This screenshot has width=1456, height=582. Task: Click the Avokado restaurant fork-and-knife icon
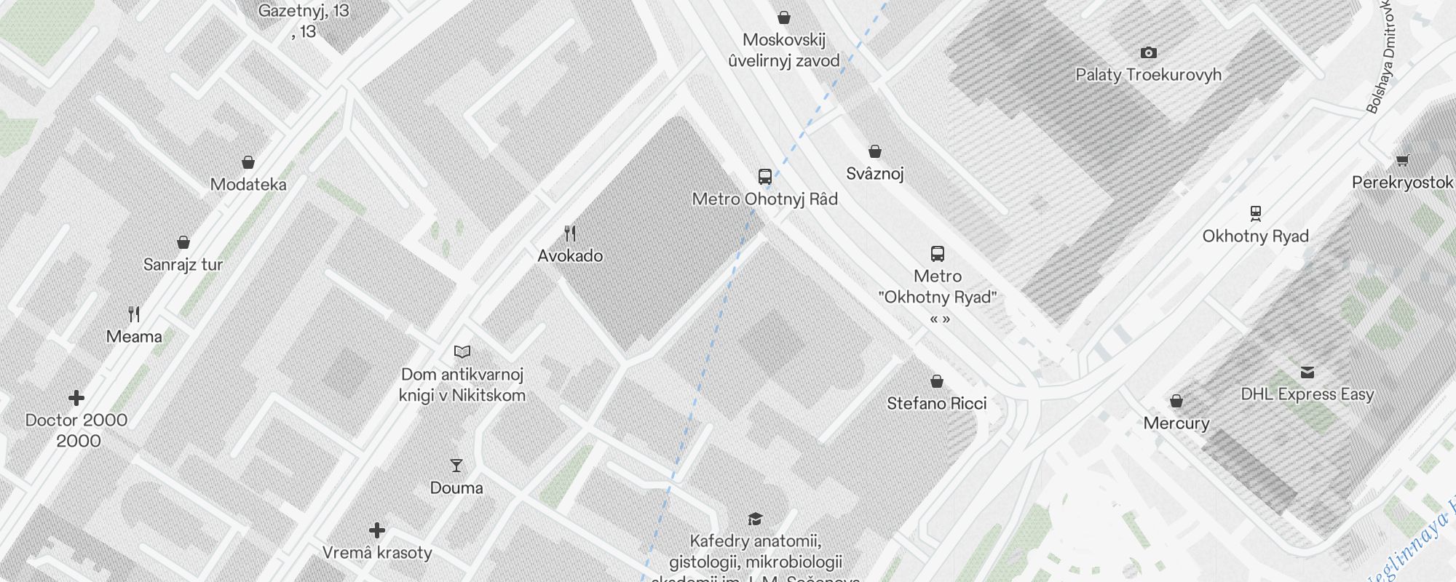pos(570,234)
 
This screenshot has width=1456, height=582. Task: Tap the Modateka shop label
pos(248,185)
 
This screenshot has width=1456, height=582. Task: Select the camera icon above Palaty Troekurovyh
pos(1148,52)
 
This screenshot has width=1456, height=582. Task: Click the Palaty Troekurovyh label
pos(1148,74)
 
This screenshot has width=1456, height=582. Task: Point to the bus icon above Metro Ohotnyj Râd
pos(764,177)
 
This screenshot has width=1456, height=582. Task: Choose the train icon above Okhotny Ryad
pos(1255,214)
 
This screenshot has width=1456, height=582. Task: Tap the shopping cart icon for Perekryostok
pos(1402,161)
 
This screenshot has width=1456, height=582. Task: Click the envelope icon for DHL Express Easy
pos(1307,372)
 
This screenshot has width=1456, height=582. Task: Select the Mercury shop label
pos(1176,423)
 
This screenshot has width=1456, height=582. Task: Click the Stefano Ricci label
pos(936,404)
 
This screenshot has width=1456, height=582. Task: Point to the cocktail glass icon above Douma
pos(456,466)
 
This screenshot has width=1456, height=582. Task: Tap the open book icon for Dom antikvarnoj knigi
pos(462,352)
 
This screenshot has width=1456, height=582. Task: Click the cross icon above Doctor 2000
pos(76,398)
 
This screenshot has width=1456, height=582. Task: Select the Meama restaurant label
pos(134,337)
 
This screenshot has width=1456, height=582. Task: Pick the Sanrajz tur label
pos(183,265)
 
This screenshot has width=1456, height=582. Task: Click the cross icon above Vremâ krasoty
pos(377,530)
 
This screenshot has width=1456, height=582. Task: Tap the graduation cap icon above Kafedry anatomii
pos(755,519)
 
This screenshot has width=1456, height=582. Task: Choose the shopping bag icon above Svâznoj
pos(875,151)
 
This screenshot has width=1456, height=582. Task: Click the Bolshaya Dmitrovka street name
pos(1382,58)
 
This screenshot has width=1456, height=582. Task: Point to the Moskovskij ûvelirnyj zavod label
pos(784,50)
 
